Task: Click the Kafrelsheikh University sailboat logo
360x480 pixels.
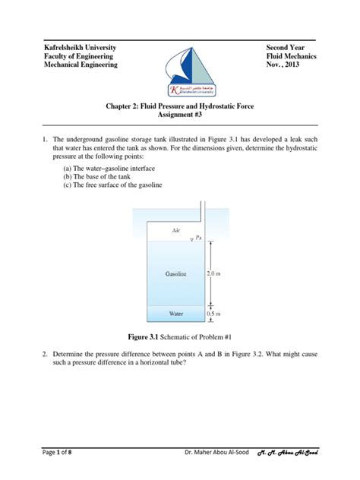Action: pos(179,65)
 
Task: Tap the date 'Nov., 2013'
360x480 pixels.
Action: pos(286,65)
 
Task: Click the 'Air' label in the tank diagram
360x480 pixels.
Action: pos(176,228)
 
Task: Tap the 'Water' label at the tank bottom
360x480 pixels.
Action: pos(175,312)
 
